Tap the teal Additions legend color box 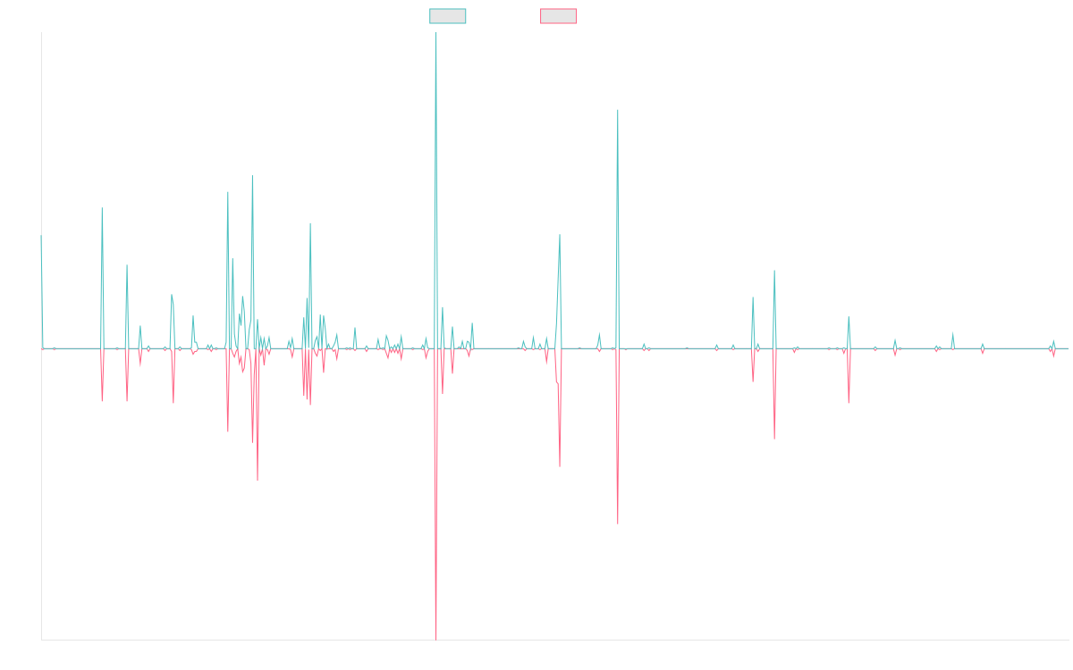click(x=448, y=16)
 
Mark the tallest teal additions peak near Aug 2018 click(x=435, y=34)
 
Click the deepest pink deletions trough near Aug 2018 click(x=436, y=638)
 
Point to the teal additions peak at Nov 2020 click(x=618, y=111)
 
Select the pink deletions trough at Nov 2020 click(x=618, y=523)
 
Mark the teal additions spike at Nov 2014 click(x=101, y=208)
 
